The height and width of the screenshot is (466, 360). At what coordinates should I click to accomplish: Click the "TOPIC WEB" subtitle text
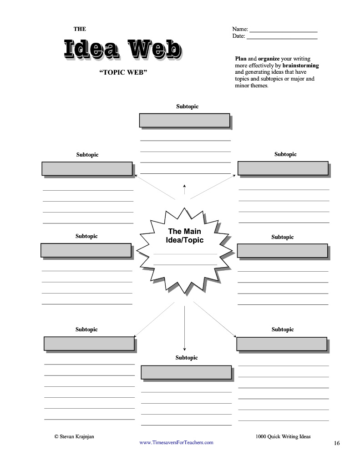click(123, 73)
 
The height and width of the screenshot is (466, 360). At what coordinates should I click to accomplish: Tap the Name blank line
click(283, 31)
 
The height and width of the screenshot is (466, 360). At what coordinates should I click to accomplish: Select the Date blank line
click(282, 38)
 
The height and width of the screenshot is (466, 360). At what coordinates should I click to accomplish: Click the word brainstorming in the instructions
click(300, 66)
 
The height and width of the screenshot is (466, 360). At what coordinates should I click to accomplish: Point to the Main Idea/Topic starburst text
click(184, 236)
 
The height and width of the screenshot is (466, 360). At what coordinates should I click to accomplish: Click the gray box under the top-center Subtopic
click(184, 121)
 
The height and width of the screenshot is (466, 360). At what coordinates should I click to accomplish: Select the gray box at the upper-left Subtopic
click(87, 168)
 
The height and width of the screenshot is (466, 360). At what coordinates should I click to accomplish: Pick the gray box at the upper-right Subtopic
click(283, 168)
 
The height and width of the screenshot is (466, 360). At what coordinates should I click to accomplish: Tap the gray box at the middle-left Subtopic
click(86, 250)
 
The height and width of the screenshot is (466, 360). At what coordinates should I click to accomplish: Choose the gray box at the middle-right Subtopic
click(282, 251)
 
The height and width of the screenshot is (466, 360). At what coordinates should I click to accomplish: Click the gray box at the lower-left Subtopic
click(89, 343)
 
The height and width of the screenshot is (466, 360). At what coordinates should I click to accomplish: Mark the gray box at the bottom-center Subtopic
click(186, 372)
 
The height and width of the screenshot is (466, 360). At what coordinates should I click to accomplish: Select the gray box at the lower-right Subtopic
click(282, 344)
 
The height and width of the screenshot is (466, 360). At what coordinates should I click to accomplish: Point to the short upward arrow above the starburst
click(184, 189)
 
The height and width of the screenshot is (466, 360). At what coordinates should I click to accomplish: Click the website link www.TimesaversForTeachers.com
click(176, 442)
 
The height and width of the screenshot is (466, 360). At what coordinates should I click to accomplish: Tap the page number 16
click(336, 443)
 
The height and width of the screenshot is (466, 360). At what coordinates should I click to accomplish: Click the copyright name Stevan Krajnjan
click(74, 436)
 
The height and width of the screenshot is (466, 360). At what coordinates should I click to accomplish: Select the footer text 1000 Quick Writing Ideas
click(283, 436)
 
